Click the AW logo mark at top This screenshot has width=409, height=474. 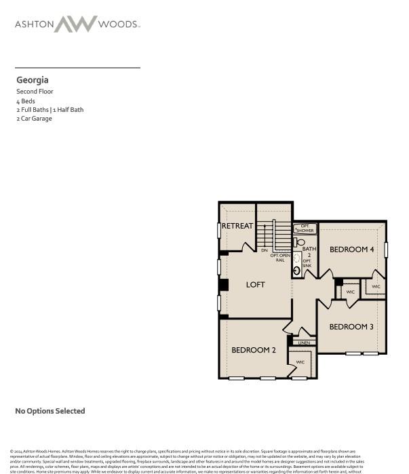[x=77, y=24]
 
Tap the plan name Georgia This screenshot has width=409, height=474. [x=33, y=80]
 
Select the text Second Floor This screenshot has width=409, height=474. [x=35, y=92]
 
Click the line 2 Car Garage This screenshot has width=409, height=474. [x=34, y=119]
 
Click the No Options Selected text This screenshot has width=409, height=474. [x=50, y=411]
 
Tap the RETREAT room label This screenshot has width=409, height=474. [x=237, y=226]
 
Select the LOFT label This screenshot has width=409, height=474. [x=256, y=285]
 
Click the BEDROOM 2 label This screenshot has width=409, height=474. [x=254, y=350]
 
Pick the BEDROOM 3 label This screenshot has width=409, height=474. [x=351, y=327]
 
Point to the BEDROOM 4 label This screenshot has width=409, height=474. [x=352, y=250]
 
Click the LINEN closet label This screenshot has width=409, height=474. [x=303, y=342]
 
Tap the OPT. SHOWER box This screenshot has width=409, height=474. [x=306, y=229]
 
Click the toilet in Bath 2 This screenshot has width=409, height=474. [x=300, y=242]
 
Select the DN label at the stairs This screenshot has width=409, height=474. [x=264, y=251]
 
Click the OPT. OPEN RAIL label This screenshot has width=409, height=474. [x=280, y=257]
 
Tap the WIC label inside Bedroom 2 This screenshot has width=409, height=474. [x=300, y=362]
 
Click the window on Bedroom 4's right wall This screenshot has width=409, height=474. [x=386, y=250]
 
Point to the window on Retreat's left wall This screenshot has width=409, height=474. [x=219, y=230]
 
